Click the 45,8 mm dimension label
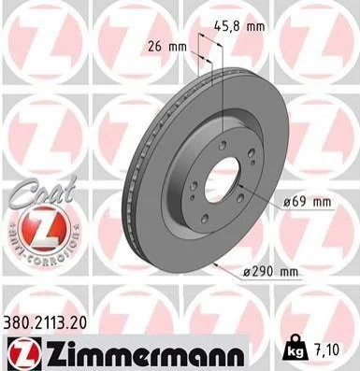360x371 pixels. [239, 26]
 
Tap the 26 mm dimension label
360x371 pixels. [167, 47]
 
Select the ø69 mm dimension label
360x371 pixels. [308, 203]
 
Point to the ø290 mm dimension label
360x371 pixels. [271, 272]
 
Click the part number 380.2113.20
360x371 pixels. [45, 322]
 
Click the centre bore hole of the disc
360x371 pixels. [222, 178]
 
